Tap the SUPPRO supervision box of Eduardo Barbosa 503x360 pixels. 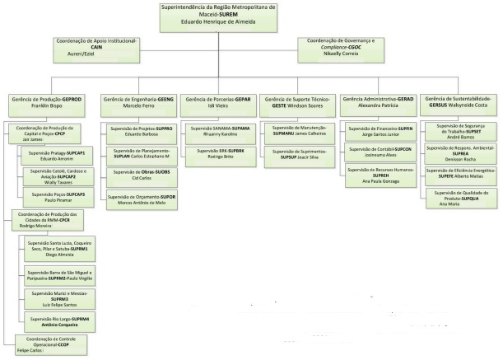point(140,131)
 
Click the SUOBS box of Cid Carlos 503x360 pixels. point(140,175)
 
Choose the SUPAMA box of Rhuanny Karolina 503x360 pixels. point(219,131)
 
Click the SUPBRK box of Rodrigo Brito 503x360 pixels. point(219,153)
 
